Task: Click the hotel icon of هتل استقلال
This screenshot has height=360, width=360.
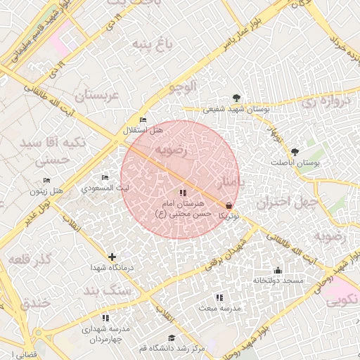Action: pyautogui.click(x=143, y=120)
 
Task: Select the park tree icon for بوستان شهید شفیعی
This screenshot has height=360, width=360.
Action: pyautogui.click(x=236, y=98)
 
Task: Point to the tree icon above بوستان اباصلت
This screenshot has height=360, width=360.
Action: pyautogui.click(x=295, y=152)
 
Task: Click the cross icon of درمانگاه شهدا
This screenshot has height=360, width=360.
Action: pyautogui.click(x=112, y=257)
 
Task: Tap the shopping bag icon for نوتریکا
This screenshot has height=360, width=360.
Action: pyautogui.click(x=227, y=205)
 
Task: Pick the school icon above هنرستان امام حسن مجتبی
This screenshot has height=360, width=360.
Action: pyautogui.click(x=183, y=193)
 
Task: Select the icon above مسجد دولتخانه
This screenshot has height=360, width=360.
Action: pyautogui.click(x=278, y=271)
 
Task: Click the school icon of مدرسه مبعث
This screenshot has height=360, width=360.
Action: pyautogui.click(x=219, y=298)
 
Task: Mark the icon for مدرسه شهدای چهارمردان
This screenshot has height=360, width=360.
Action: pyautogui.click(x=105, y=319)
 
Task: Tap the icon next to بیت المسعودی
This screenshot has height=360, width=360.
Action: pyautogui.click(x=105, y=178)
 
